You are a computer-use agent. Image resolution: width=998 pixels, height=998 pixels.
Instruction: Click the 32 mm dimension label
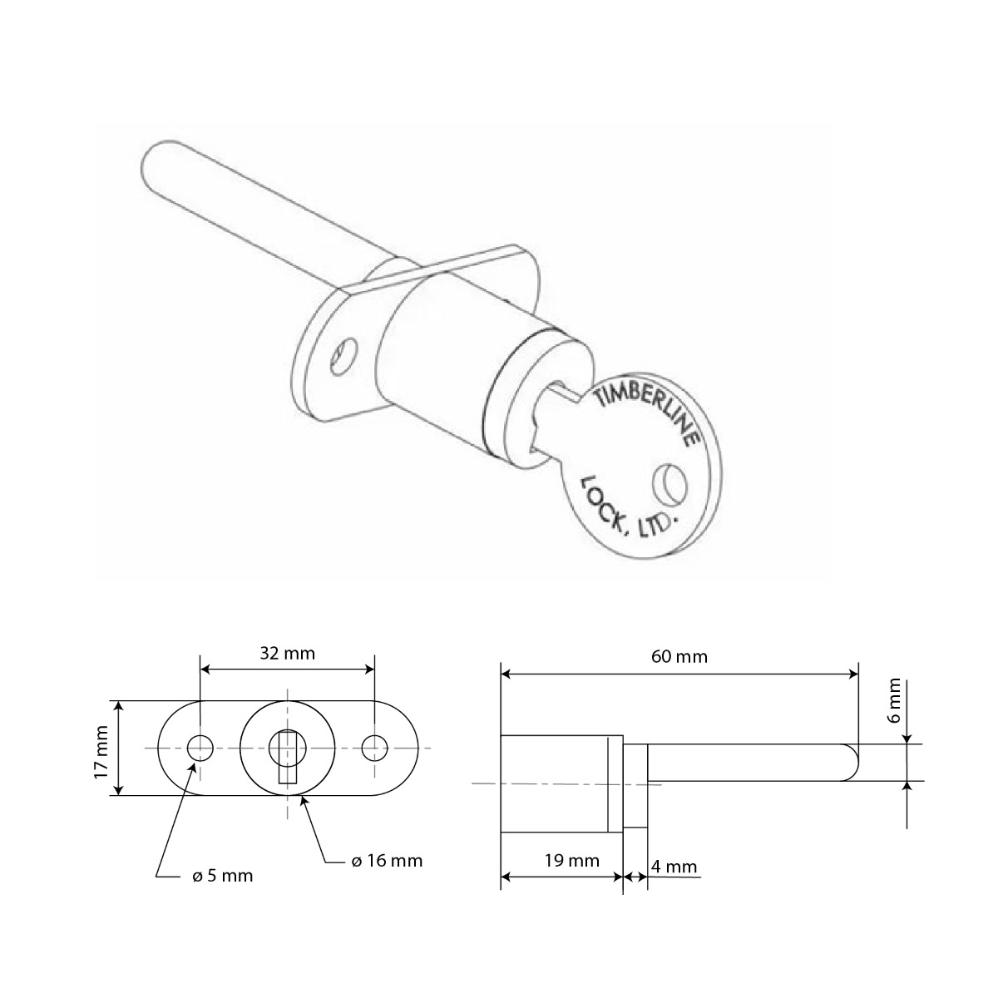(287, 653)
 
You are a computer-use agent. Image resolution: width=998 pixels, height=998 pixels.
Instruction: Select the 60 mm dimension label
(679, 657)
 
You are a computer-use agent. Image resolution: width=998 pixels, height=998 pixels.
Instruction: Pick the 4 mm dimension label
(674, 867)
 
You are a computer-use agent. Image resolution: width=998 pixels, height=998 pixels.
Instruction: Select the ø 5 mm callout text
(217, 876)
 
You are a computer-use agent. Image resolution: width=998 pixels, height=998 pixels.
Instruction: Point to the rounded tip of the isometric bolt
(154, 162)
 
